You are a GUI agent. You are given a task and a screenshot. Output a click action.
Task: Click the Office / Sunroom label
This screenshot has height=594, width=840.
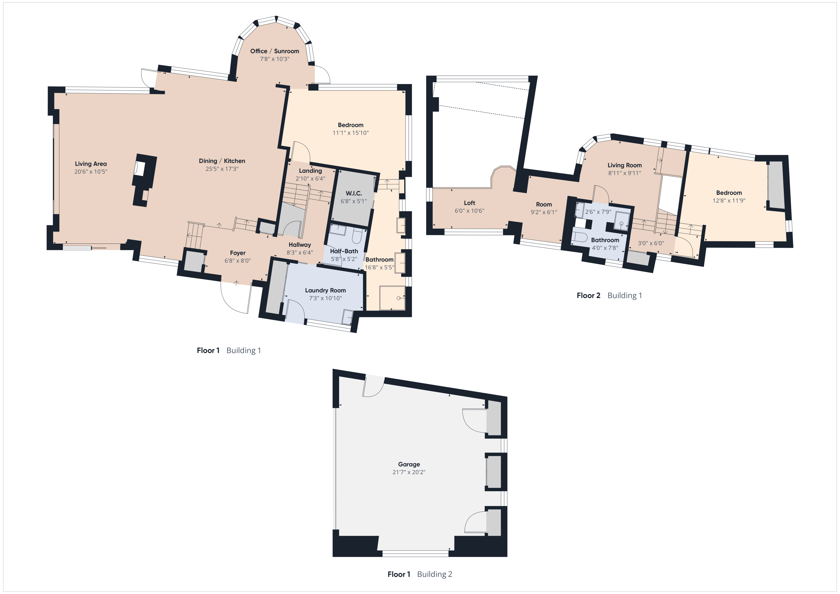pos(274,51)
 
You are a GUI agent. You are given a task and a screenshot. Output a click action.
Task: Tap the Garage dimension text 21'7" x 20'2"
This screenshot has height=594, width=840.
pos(409,472)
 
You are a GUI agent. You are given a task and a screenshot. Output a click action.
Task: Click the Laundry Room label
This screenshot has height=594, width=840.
pos(325,290)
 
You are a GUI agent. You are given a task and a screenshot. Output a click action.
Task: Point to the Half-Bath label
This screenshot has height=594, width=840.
pos(344,251)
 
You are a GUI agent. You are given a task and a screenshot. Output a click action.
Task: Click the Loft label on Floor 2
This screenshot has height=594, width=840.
pos(469,203)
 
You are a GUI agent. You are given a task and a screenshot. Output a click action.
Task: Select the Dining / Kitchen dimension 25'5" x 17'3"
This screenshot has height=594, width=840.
pos(222,169)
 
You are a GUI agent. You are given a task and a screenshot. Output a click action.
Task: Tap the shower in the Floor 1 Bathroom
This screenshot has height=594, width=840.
pos(392,297)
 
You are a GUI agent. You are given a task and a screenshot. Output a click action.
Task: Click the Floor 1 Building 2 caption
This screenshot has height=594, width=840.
pos(420,574)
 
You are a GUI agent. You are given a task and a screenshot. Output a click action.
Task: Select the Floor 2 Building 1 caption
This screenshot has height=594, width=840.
pos(609,295)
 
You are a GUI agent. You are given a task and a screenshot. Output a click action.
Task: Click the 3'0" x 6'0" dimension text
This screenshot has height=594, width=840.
pos(651,243)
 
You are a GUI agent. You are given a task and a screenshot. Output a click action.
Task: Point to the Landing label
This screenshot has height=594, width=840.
pos(310,171)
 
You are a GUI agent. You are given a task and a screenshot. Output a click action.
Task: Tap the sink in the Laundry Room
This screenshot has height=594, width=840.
pos(347,316)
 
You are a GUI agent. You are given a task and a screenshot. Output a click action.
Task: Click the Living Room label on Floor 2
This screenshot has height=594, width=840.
pos(624,165)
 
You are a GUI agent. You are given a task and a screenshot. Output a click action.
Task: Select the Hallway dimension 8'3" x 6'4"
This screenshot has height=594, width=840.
pos(300,253)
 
